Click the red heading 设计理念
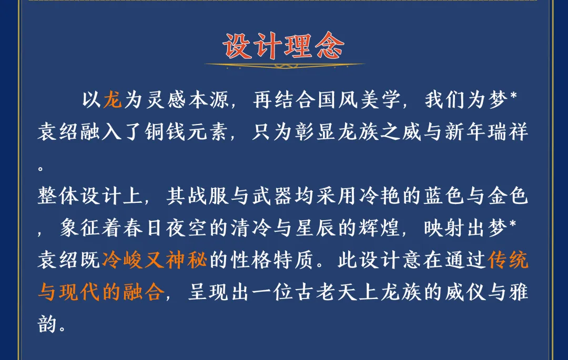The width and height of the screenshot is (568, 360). (x=283, y=46)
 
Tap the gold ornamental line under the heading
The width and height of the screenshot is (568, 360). (x=285, y=66)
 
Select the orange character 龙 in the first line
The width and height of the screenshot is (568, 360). (x=113, y=100)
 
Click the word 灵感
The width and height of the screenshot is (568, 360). (x=166, y=100)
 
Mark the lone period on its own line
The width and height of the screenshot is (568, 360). (x=40, y=168)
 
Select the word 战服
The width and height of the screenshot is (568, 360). (x=208, y=196)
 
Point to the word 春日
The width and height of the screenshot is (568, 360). (x=144, y=228)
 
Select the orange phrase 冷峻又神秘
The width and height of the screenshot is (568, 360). (x=155, y=260)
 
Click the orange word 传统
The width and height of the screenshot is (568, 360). (x=508, y=260)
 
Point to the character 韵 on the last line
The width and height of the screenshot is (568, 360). (x=47, y=324)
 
